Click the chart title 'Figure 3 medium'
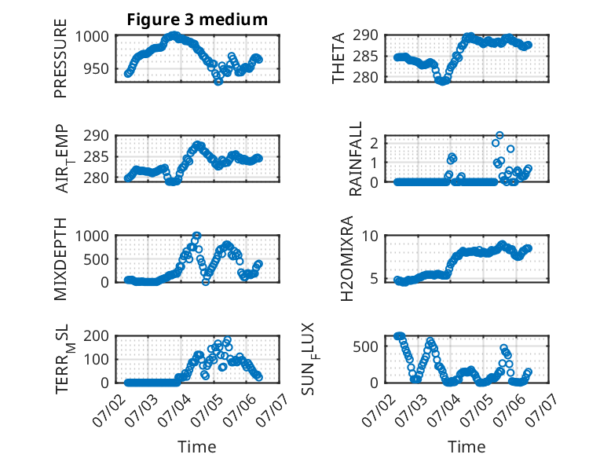pyautogui.click(x=197, y=19)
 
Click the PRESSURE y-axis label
pyautogui.click(x=60, y=58)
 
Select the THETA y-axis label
pyautogui.click(x=338, y=58)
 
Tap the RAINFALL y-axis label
pyautogui.click(x=356, y=158)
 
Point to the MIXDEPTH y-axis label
pyautogui.click(x=60, y=258)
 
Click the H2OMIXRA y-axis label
pyautogui.click(x=347, y=258)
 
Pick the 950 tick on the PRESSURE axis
pyautogui.click(x=96, y=69)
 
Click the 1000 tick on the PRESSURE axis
pyautogui.click(x=92, y=37)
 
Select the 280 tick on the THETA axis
pyautogui.click(x=365, y=77)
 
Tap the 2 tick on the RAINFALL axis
pyautogui.click(x=374, y=143)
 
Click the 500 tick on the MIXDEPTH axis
pyautogui.click(x=96, y=259)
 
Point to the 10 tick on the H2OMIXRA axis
pyautogui.click(x=370, y=236)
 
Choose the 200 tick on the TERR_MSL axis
pyautogui.click(x=96, y=335)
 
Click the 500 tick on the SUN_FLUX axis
pyautogui.click(x=365, y=346)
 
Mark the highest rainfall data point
pyautogui.click(x=499, y=135)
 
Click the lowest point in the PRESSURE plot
pyautogui.click(x=218, y=82)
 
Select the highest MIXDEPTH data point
pyautogui.click(x=197, y=236)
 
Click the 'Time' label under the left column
pyautogui.click(x=197, y=446)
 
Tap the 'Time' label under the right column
pyautogui.click(x=466, y=446)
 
